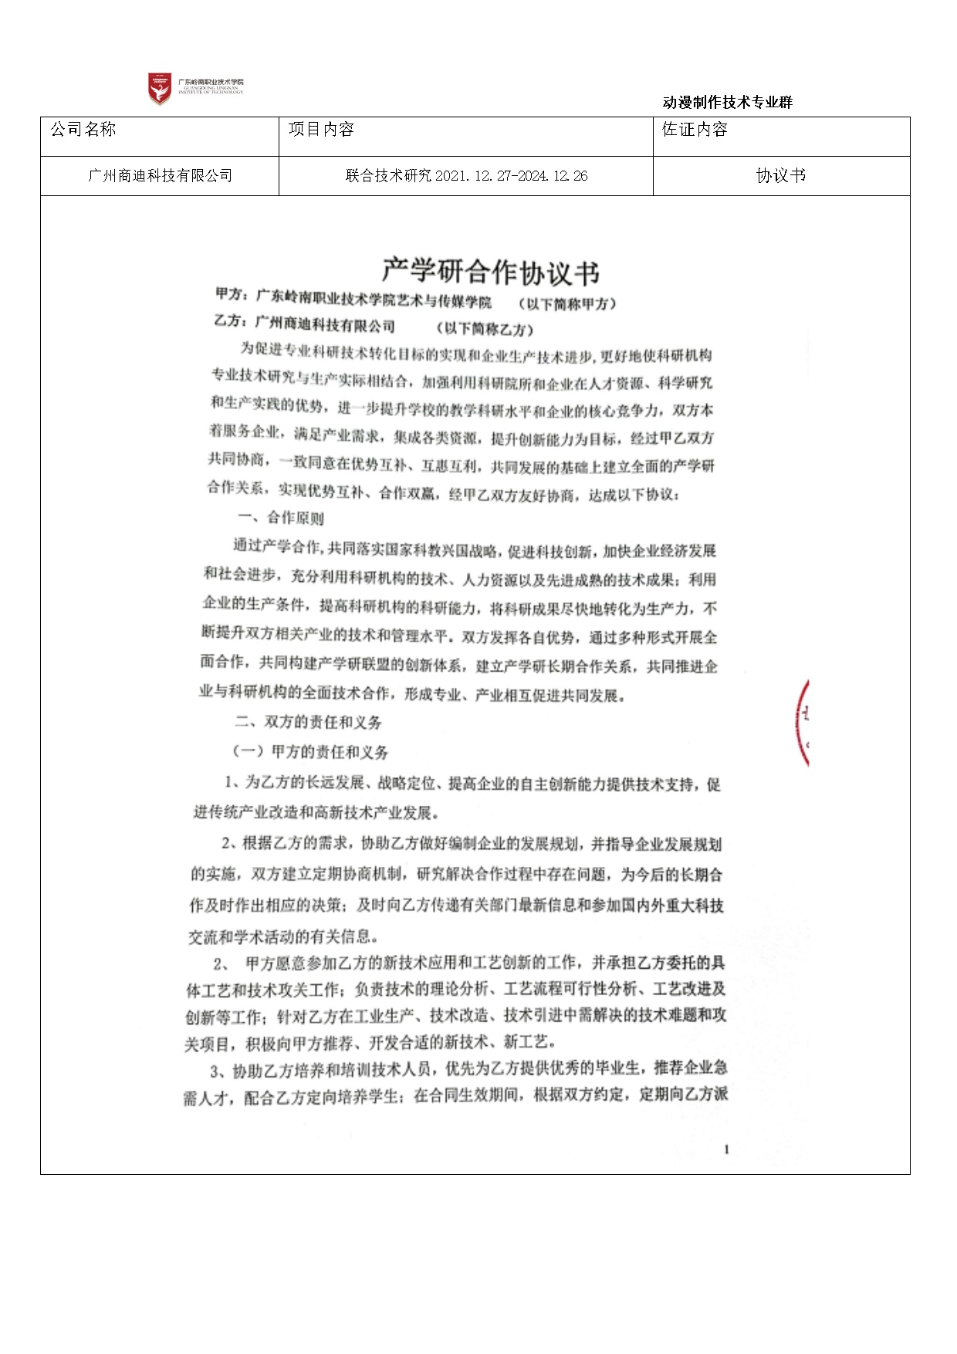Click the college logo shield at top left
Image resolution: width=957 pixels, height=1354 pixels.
click(160, 89)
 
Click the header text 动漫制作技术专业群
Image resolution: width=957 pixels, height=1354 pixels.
click(727, 102)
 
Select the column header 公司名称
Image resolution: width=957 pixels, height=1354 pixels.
click(83, 130)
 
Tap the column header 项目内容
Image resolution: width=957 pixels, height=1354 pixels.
click(321, 130)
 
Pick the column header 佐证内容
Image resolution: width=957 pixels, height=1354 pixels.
click(695, 130)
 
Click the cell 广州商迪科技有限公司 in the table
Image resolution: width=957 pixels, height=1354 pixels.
click(160, 176)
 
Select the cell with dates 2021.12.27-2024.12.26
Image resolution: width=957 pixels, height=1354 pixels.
click(466, 176)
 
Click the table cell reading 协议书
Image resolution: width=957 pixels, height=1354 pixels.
click(781, 176)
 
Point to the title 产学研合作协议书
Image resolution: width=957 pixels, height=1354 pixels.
click(491, 272)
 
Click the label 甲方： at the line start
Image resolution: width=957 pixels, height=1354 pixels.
click(232, 294)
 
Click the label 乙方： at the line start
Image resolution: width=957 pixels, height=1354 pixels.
click(231, 321)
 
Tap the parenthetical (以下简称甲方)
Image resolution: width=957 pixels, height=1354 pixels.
click(568, 303)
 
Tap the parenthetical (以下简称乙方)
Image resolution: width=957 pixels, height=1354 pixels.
click(485, 329)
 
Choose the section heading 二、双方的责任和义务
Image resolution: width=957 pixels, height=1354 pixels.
click(309, 722)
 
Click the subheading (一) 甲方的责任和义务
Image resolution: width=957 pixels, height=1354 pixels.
click(310, 752)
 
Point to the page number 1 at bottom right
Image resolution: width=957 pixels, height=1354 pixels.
click(726, 1149)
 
